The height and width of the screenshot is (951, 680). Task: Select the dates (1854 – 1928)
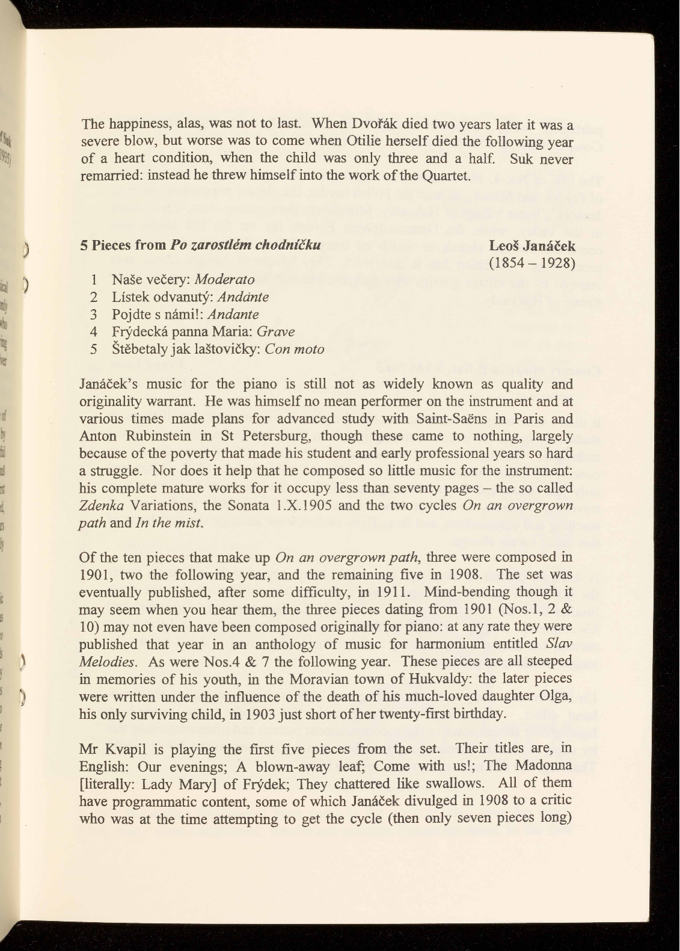[x=532, y=263]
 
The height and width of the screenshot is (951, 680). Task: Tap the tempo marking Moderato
[x=225, y=280]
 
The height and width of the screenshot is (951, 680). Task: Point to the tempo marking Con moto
[x=295, y=349]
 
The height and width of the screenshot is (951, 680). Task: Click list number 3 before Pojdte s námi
[x=94, y=315]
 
